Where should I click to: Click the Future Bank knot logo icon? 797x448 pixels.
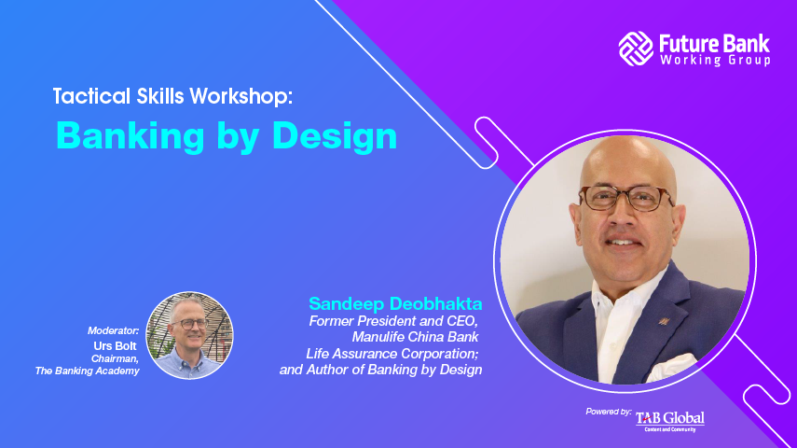pyautogui.click(x=636, y=49)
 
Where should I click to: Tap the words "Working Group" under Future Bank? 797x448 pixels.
pyautogui.click(x=715, y=60)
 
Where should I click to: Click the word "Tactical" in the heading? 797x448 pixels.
pyautogui.click(x=92, y=96)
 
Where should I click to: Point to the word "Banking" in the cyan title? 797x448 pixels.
pyautogui.click(x=131, y=137)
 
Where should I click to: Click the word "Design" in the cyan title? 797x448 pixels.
pyautogui.click(x=335, y=137)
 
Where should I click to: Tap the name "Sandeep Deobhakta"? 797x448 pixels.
pyautogui.click(x=395, y=304)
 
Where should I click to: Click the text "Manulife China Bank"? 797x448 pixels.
pyautogui.click(x=415, y=337)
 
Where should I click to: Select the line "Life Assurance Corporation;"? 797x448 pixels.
pyautogui.click(x=392, y=354)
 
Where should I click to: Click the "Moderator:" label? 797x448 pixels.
pyautogui.click(x=114, y=331)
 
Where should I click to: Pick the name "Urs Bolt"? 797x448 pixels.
pyautogui.click(x=115, y=346)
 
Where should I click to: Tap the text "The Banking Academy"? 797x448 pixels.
pyautogui.click(x=87, y=371)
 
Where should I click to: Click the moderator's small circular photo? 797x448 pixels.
pyautogui.click(x=189, y=335)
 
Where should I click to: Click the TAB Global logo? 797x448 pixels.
pyautogui.click(x=670, y=421)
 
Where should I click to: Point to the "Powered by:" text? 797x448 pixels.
pyautogui.click(x=609, y=412)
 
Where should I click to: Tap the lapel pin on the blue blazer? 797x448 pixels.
pyautogui.click(x=664, y=321)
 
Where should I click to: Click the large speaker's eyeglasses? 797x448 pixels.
pyautogui.click(x=627, y=198)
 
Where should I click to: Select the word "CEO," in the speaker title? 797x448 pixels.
pyautogui.click(x=462, y=321)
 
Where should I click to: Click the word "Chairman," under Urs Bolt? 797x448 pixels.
pyautogui.click(x=115, y=359)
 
